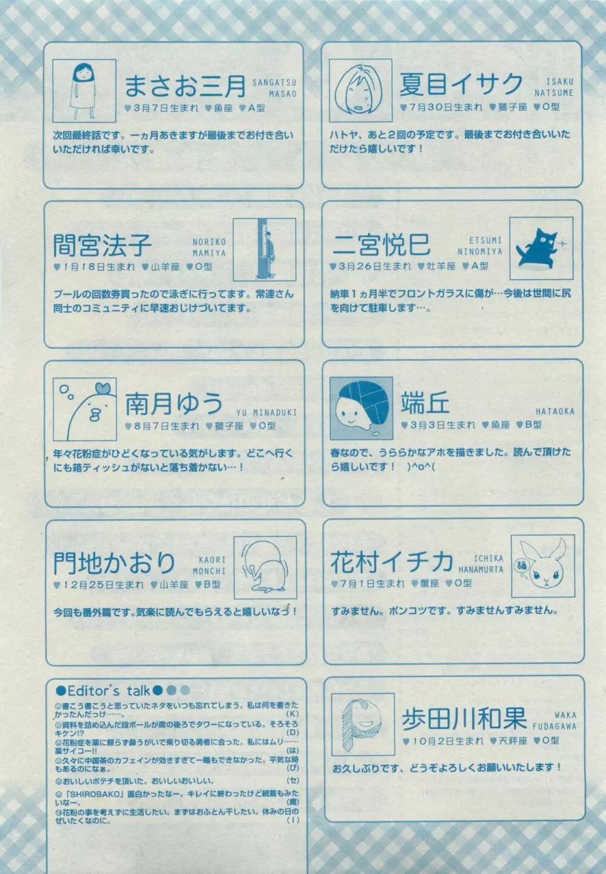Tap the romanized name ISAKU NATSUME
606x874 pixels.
[x=554, y=87]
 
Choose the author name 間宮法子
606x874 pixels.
[x=102, y=246]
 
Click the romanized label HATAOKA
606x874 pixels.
[x=554, y=411]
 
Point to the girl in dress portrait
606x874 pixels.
[x=81, y=89]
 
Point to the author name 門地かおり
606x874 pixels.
[x=115, y=564]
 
